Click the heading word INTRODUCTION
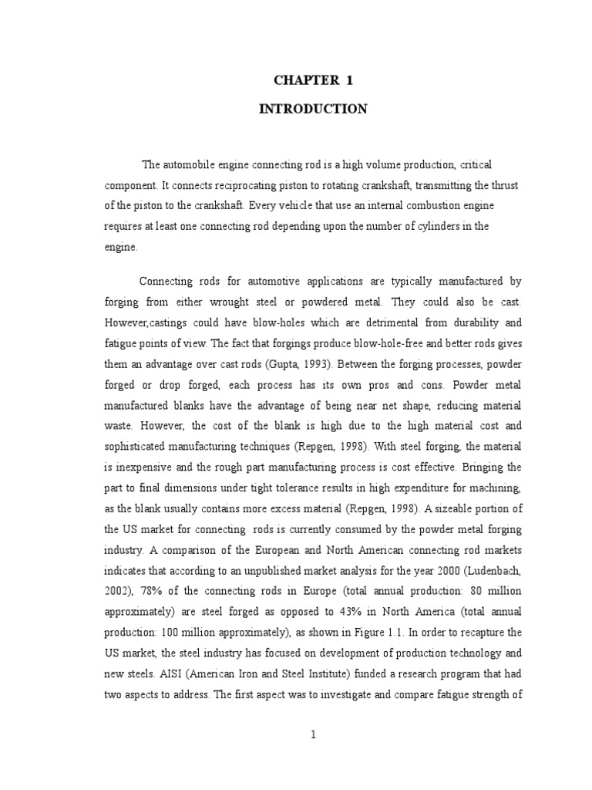tap(312, 110)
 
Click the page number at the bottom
tap(314, 735)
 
